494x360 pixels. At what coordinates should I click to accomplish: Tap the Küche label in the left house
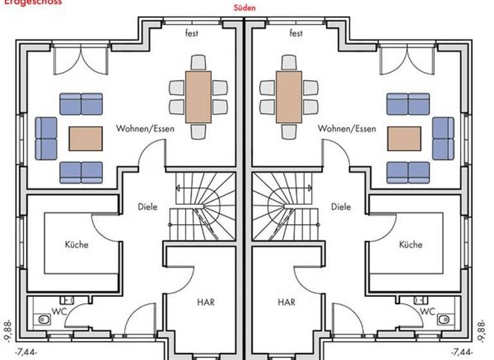(x=77, y=244)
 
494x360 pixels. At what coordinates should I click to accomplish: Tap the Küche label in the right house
(x=410, y=244)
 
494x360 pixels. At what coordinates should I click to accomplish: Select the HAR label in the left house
(x=206, y=301)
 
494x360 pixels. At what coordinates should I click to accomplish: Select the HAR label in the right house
(x=287, y=301)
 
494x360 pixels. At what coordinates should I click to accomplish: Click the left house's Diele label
(x=147, y=207)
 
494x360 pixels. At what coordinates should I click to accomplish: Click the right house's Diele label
(x=341, y=207)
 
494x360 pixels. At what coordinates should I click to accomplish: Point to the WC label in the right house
(x=428, y=310)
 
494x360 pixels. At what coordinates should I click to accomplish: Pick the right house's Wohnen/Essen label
(x=347, y=129)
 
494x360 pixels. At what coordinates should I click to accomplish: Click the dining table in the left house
(x=198, y=97)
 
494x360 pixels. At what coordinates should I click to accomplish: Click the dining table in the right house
(x=289, y=97)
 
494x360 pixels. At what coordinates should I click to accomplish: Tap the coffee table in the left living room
(x=86, y=138)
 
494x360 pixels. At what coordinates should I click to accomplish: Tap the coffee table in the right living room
(x=405, y=138)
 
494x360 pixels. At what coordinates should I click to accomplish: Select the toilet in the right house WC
(x=444, y=318)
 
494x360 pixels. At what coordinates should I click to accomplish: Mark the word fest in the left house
(x=192, y=33)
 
